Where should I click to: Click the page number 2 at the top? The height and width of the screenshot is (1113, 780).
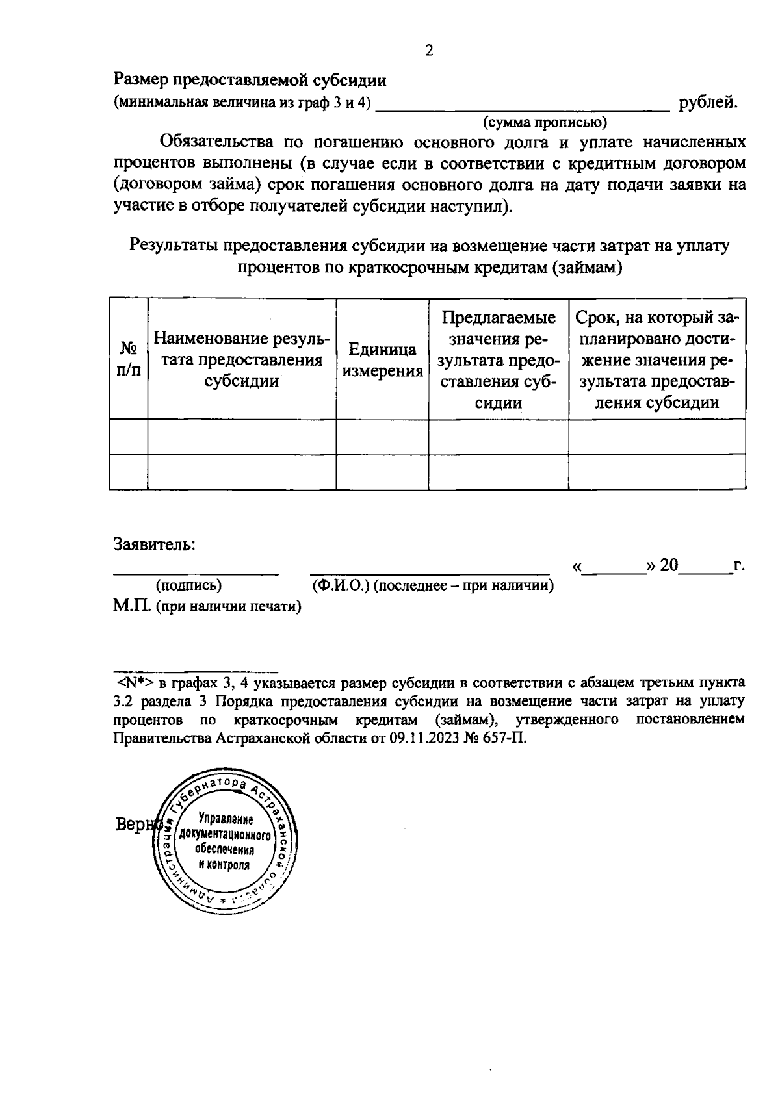tap(428, 51)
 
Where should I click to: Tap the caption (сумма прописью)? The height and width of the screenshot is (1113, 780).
tap(545, 122)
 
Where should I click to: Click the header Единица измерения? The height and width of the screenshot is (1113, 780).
tap(382, 360)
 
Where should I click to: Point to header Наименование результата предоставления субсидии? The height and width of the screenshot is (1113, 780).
tap(242, 360)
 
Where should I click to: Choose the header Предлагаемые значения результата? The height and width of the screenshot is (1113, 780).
tap(499, 359)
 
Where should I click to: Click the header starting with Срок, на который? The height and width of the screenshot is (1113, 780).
tap(657, 359)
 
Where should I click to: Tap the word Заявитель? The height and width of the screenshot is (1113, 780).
tap(155, 543)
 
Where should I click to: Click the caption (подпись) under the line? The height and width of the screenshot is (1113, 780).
tap(188, 585)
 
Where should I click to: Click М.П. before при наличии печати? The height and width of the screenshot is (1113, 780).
tap(132, 607)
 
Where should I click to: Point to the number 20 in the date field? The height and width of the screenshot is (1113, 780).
tap(669, 565)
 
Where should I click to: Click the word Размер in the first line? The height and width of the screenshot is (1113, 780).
tap(141, 81)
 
